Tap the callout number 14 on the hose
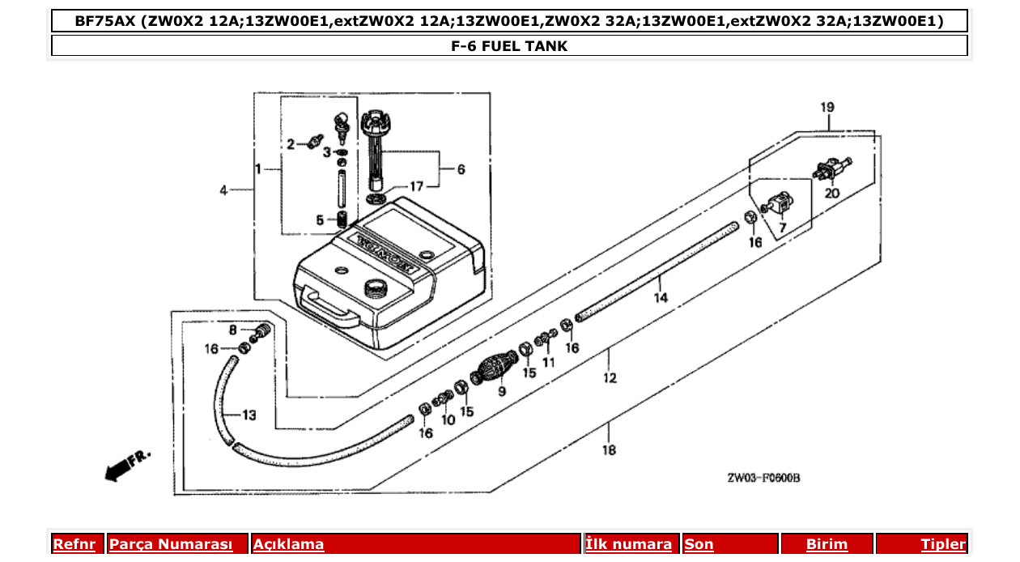(x=661, y=298)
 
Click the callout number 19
(x=827, y=107)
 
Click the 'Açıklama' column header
(x=289, y=544)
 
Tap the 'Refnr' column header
(x=74, y=544)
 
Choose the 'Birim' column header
(x=827, y=544)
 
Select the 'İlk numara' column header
(x=629, y=544)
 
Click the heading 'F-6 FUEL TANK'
(x=509, y=46)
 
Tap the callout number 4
(x=223, y=190)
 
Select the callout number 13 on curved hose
(x=249, y=415)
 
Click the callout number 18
(x=609, y=451)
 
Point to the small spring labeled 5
(x=342, y=219)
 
